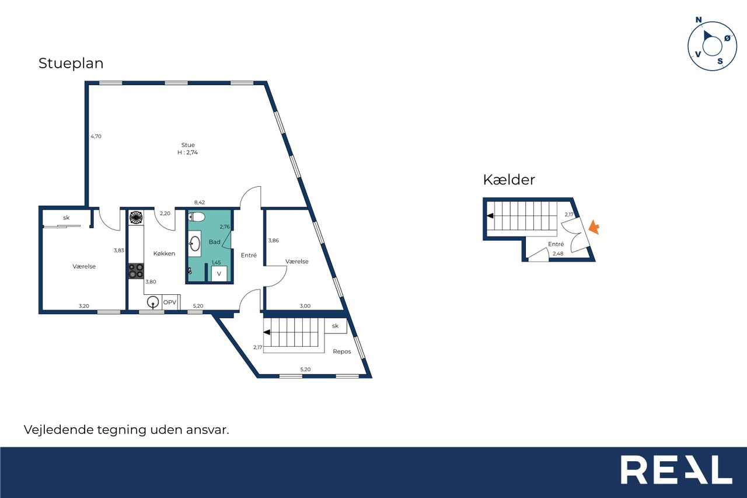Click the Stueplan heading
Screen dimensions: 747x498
click(x=71, y=64)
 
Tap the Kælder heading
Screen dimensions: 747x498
click(x=509, y=180)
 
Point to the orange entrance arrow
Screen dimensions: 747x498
click(x=594, y=227)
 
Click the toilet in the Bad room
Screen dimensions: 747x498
click(x=197, y=217)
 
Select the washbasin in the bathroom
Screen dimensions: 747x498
click(x=195, y=243)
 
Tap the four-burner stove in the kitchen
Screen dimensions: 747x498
click(x=136, y=271)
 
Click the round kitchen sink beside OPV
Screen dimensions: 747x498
click(x=153, y=302)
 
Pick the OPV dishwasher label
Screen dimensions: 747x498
click(x=170, y=302)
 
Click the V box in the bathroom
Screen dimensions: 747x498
click(x=219, y=273)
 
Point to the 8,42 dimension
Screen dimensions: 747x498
click(x=200, y=203)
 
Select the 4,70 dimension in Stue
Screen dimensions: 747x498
click(x=96, y=136)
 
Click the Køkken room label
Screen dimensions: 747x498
click(x=164, y=253)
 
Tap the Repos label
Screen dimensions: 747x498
click(x=342, y=351)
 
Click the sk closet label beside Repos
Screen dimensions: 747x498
click(x=335, y=326)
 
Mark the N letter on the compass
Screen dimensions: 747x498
click(x=699, y=20)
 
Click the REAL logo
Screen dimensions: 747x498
click(x=676, y=469)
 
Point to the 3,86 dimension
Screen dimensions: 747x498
click(x=274, y=241)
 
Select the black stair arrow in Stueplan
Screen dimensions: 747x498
click(x=267, y=332)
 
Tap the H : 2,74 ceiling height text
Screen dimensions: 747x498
click(x=187, y=152)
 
